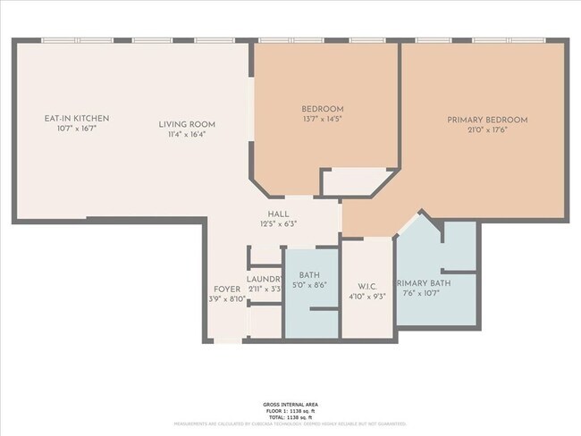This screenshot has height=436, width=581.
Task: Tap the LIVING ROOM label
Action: [x=187, y=124]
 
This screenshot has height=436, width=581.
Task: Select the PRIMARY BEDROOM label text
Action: [x=487, y=120]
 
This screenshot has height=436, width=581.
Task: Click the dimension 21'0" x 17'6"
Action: [x=487, y=130]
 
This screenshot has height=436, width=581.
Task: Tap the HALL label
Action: [x=277, y=214]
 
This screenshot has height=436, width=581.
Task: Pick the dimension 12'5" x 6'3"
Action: [x=277, y=224]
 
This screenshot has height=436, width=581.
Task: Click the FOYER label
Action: [x=223, y=289]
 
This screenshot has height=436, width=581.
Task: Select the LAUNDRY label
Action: [x=265, y=279]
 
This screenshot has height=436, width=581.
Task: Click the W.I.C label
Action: [x=366, y=287]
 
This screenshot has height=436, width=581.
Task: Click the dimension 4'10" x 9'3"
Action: [x=366, y=297]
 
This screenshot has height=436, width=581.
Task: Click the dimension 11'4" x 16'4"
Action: [x=187, y=135]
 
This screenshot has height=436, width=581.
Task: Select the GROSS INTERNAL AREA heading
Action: [x=290, y=405]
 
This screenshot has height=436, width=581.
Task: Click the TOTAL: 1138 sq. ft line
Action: [x=290, y=417]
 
